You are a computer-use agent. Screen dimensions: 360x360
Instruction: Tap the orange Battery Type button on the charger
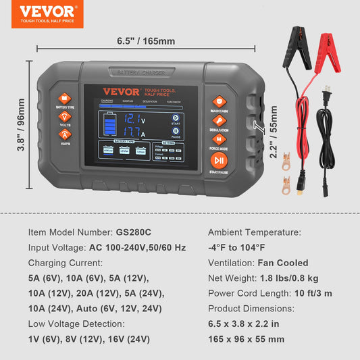pos(66,99)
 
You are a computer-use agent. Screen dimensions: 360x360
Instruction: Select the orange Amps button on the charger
pos(66,135)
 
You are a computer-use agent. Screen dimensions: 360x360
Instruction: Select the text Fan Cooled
pos(283,263)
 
